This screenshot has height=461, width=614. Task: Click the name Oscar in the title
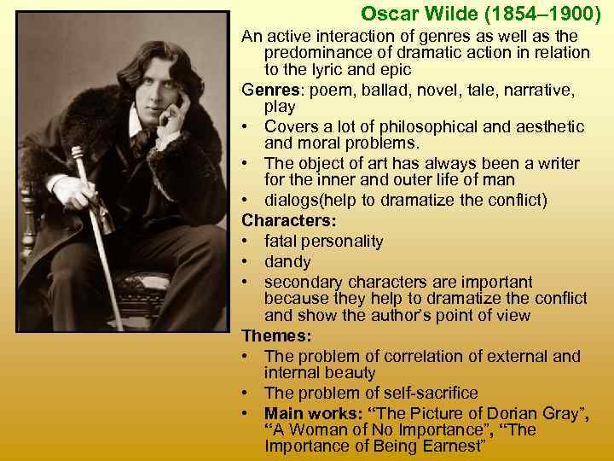click(386, 14)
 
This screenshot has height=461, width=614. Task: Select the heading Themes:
click(272, 336)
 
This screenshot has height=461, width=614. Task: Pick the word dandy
click(287, 261)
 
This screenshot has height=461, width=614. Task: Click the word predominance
click(322, 53)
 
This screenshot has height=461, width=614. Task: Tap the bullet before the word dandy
click(244, 261)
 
